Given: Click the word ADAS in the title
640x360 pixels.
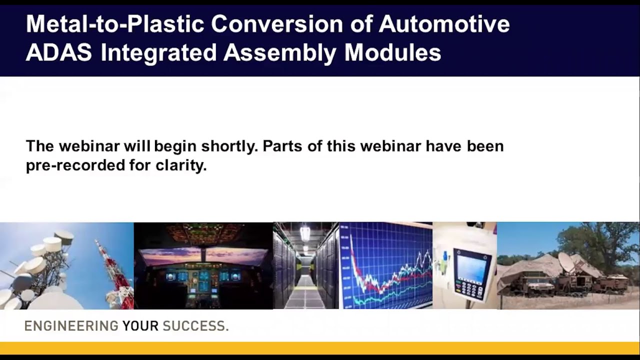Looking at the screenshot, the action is [59, 52].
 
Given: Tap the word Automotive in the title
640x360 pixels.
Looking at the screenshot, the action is [444, 23].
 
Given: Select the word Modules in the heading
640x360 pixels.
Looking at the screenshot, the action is [393, 52].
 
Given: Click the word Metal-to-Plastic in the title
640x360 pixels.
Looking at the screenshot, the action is [115, 23].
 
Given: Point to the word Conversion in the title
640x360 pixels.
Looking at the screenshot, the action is [277, 23].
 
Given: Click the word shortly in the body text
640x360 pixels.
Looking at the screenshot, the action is [229, 146].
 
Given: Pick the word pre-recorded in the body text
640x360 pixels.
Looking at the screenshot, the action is [75, 165].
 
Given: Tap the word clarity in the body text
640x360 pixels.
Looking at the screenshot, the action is [181, 165].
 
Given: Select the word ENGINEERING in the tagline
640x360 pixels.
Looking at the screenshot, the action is [71, 326].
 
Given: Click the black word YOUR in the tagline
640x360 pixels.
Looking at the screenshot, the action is [140, 326].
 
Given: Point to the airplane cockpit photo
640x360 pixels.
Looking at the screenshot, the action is [203, 265].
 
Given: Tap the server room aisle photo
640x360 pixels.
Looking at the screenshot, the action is [305, 265].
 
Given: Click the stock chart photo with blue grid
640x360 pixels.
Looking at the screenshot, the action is [385, 265].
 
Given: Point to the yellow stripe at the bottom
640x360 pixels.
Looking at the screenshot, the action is [320, 348].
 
